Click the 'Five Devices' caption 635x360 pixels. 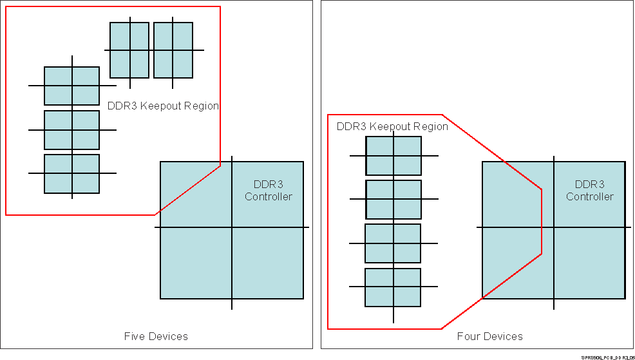[x=156, y=336]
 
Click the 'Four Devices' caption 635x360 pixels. [x=489, y=336]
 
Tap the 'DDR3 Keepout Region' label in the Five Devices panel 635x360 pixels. [x=163, y=106]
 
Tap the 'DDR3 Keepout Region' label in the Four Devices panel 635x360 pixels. [x=392, y=126]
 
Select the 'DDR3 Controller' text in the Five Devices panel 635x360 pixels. [x=268, y=191]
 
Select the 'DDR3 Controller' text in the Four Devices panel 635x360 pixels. [x=589, y=191]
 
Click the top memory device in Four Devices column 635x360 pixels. [x=393, y=156]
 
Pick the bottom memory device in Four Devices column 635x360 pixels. [x=393, y=287]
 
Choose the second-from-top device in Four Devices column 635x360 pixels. [x=393, y=200]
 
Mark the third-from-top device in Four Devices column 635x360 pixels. [x=393, y=243]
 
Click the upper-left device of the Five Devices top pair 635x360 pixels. [x=129, y=50]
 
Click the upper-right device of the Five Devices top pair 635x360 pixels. [x=173, y=50]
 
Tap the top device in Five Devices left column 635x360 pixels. [x=71, y=86]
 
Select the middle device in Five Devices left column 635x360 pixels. [x=71, y=130]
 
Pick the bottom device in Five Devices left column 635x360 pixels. [x=71, y=174]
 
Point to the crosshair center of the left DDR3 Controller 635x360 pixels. [x=232, y=227]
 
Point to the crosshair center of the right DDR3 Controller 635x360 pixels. [x=554, y=227]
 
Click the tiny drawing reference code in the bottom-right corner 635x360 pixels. [x=607, y=356]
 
